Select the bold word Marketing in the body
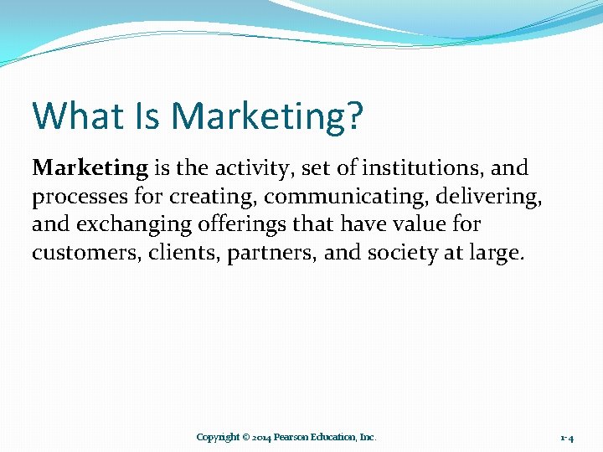(90, 168)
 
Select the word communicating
(338, 198)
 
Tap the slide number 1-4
(567, 438)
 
